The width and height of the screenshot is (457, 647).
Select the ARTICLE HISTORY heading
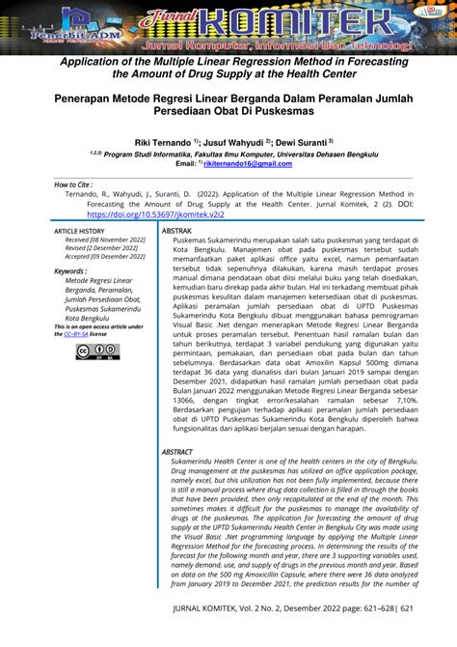79,233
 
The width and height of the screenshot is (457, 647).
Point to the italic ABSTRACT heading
176,452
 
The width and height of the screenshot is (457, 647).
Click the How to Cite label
73,183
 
